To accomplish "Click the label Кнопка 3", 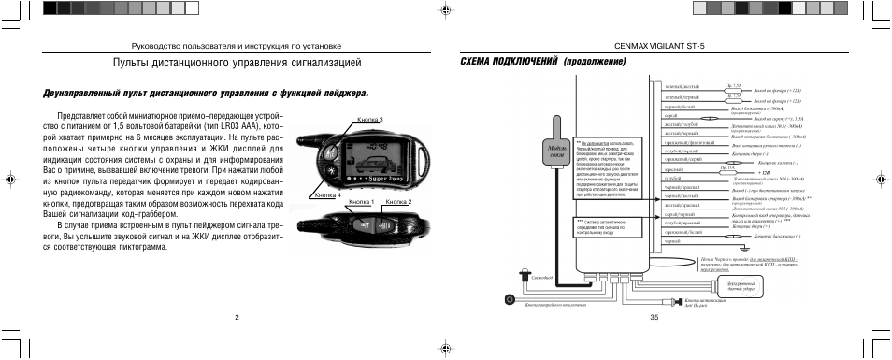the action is click(x=370, y=119).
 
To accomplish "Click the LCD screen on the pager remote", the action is click(x=365, y=154).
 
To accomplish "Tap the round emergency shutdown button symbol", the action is click(x=509, y=298).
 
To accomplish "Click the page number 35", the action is click(x=654, y=317).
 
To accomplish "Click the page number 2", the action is click(x=237, y=317).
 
